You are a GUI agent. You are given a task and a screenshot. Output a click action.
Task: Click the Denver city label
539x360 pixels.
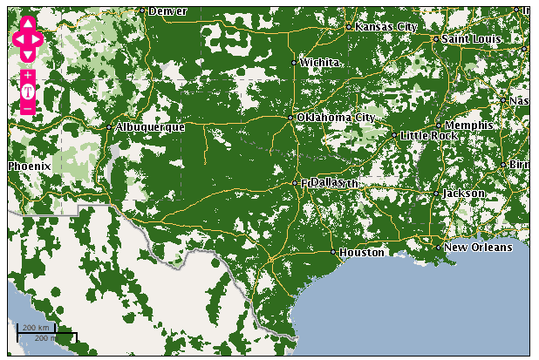[x=167, y=11]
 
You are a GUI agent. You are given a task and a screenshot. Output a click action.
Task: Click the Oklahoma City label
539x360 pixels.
[x=336, y=118]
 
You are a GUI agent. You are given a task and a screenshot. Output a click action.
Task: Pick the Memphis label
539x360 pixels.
[x=468, y=126]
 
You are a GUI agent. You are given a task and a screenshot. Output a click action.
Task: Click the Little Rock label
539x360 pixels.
[x=429, y=136]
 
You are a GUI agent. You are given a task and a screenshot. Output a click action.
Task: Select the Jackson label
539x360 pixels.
[x=463, y=194]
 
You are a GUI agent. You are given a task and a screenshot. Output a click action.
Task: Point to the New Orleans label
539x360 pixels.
[x=478, y=248]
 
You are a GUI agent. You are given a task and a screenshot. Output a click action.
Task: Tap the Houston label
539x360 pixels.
[x=361, y=253]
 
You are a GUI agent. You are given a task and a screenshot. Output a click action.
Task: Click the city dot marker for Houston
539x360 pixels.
[x=333, y=252]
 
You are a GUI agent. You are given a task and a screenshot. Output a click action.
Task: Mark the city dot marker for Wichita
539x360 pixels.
[x=294, y=63]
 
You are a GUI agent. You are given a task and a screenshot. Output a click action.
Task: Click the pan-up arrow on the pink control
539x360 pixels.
[x=28, y=23]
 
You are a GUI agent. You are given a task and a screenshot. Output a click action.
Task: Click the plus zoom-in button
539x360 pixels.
[x=28, y=76]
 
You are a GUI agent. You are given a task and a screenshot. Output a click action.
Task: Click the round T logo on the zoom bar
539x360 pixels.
[x=28, y=92]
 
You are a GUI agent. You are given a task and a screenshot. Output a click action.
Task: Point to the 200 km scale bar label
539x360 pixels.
[x=36, y=328]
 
